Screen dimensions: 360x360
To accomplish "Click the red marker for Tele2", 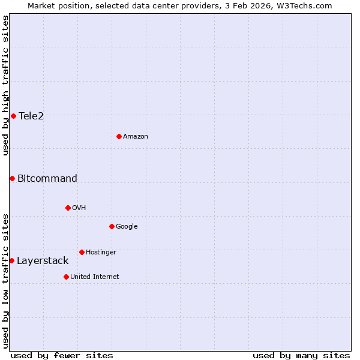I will [x=13, y=116].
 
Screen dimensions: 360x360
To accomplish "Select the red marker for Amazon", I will [x=119, y=136].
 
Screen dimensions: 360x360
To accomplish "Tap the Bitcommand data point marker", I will [x=12, y=178].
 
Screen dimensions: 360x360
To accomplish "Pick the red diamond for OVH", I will [x=68, y=208].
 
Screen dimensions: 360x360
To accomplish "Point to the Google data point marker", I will [x=112, y=226].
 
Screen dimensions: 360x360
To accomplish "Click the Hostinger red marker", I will [x=82, y=252].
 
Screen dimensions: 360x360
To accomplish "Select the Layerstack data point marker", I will [x=11, y=260].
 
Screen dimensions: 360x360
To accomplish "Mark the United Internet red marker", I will [x=66, y=277].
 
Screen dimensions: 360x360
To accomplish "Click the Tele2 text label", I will [x=31, y=116].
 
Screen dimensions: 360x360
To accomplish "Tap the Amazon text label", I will [x=136, y=136].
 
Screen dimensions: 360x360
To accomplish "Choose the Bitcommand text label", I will [x=47, y=178].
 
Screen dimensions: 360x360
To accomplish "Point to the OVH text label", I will [x=79, y=208].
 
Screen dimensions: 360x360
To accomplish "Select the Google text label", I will [x=127, y=226].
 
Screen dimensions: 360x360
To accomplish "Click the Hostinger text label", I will [x=101, y=252].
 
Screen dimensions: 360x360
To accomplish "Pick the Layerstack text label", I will [x=43, y=260].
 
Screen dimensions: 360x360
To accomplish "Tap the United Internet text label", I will [x=94, y=277].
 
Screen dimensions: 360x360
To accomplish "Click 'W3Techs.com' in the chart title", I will [x=307, y=5].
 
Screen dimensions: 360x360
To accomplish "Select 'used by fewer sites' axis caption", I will [x=62, y=355].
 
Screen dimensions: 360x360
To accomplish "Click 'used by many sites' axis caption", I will [x=301, y=355].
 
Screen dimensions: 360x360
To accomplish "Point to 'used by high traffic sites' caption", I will [x=5, y=85].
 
